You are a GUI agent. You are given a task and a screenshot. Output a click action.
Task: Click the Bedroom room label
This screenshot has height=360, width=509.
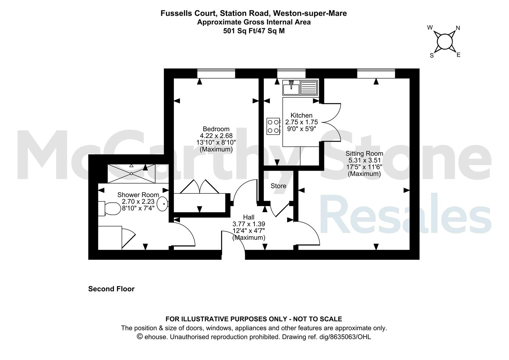pos(216,129)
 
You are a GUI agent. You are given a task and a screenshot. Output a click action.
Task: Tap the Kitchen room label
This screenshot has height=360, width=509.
pos(301,115)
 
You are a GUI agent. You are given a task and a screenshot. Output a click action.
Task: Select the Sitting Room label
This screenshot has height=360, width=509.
pos(364,154)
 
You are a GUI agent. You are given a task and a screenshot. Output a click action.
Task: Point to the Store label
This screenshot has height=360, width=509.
pos(278,186)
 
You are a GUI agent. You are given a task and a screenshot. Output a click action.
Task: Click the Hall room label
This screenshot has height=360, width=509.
pos(249,217)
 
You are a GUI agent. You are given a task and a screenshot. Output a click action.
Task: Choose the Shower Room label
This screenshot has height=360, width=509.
pos(138,195)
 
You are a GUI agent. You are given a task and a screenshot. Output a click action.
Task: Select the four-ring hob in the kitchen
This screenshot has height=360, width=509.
pos(273,126)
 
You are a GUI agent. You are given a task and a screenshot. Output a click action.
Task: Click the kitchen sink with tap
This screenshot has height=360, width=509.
pos(291,88)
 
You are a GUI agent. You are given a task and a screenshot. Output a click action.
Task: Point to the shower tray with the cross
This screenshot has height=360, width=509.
pos(131,174)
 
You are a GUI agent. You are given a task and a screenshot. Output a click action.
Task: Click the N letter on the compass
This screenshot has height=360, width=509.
pos(458,28)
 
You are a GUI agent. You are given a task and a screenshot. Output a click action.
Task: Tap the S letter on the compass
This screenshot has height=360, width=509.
pos(432,56)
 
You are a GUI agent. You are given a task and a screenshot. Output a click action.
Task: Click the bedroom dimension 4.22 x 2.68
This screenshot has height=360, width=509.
pos(216,136)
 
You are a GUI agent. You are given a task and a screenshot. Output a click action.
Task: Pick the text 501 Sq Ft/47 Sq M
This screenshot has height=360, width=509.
pos(254,31)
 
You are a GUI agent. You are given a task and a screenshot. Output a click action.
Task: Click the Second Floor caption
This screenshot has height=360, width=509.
pos(111,289)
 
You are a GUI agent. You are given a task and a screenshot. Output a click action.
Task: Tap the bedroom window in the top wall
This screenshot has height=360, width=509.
pos(216,73)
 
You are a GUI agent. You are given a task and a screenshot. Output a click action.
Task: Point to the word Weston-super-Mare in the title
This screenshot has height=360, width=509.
pos(310,13)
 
